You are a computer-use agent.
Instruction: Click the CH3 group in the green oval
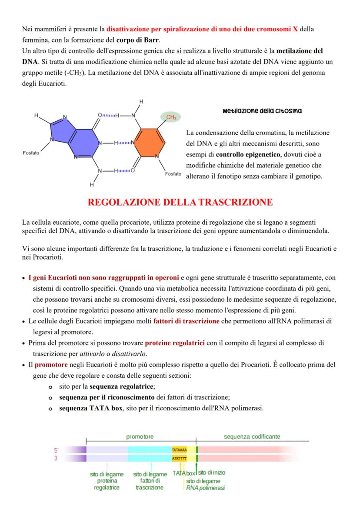(171, 117)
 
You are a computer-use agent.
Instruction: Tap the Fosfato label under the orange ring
(173, 174)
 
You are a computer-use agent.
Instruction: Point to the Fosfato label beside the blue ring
(31, 153)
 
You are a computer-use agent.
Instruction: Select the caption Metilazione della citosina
(262, 111)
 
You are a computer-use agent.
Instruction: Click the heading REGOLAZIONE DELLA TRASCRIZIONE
(180, 203)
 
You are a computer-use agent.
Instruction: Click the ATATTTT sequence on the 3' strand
(179, 459)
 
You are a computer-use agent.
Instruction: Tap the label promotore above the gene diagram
(140, 436)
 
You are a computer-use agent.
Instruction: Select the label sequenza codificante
(252, 436)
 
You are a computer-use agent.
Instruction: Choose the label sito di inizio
(212, 472)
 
